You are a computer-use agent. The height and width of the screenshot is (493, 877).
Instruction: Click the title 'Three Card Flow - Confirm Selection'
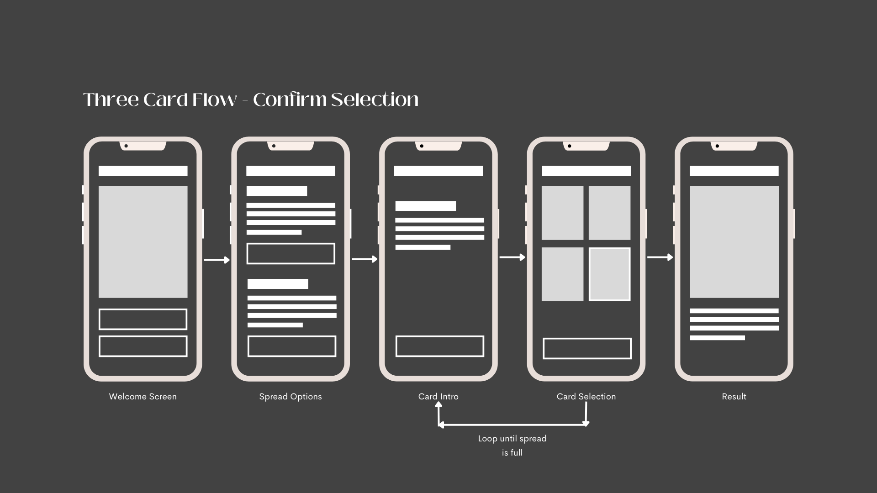(251, 100)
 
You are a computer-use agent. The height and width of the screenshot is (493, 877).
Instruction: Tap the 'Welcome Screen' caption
(143, 397)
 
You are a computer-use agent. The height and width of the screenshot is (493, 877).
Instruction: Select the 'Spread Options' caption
(291, 397)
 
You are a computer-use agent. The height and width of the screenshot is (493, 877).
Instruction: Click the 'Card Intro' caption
(438, 397)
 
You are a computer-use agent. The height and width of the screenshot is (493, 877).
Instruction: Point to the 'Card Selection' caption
(586, 397)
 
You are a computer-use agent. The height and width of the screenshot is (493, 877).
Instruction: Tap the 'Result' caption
(734, 397)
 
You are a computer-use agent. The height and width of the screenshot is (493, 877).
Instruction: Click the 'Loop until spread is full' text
(512, 446)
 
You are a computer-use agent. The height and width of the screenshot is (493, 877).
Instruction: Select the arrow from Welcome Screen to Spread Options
(217, 260)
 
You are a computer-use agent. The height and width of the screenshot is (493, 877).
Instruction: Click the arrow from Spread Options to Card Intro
(365, 259)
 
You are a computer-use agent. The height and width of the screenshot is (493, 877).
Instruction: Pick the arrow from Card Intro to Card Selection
(512, 257)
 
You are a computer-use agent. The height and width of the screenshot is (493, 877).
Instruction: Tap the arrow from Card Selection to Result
(660, 257)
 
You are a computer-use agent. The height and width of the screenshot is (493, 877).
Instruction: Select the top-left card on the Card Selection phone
(562, 213)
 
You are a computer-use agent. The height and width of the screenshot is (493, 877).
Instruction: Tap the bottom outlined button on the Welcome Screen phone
(143, 346)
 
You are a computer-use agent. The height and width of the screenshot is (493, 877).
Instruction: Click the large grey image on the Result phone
(734, 242)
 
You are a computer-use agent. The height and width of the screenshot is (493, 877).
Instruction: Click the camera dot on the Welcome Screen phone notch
(126, 146)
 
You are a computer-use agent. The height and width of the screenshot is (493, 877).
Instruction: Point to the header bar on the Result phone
(734, 171)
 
